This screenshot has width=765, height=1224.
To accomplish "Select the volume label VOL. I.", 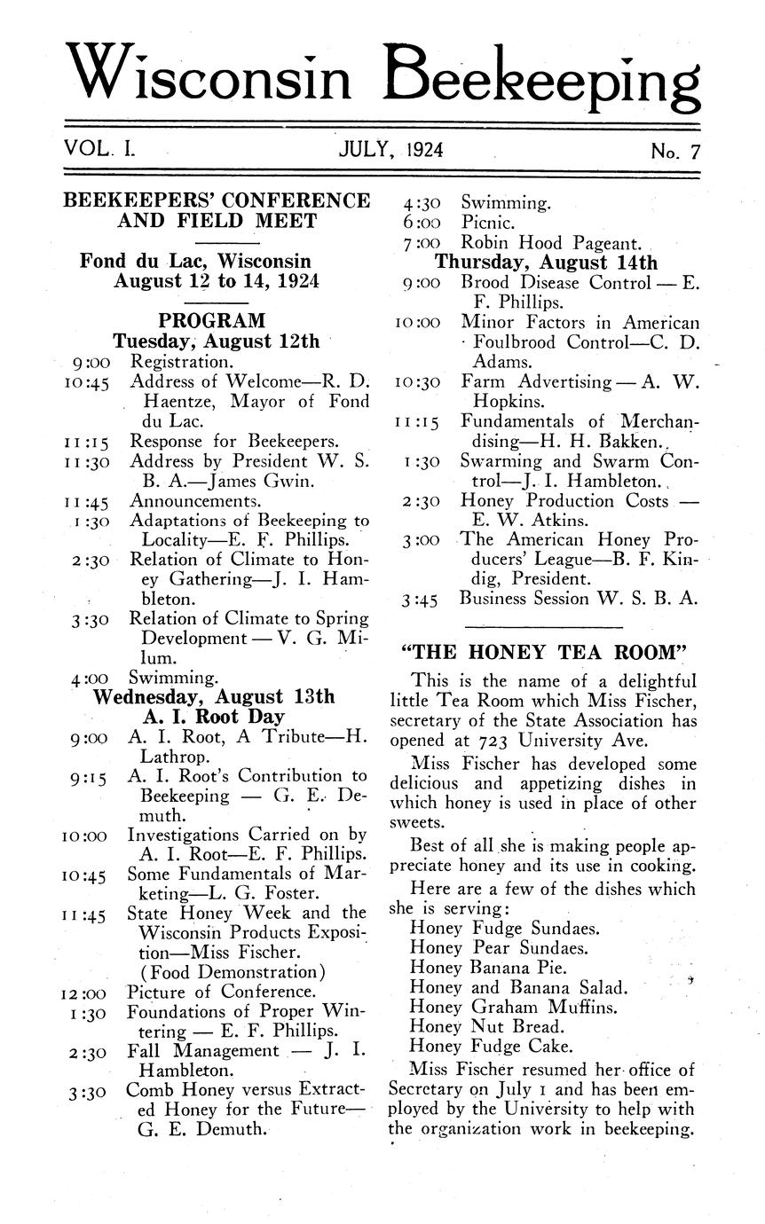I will tap(99, 150).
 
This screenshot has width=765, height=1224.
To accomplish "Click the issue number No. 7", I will tap(675, 152).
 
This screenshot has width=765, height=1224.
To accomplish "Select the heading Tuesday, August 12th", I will tap(216, 341).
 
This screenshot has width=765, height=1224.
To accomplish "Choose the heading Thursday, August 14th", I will tap(547, 263).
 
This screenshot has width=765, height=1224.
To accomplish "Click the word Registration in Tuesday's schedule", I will tap(182, 362).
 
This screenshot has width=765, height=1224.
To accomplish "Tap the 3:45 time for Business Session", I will tap(420, 600).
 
